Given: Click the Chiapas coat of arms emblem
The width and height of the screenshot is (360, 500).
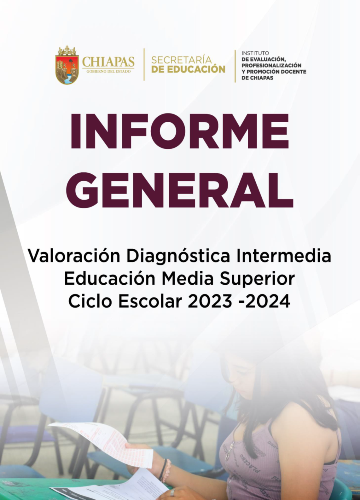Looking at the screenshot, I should pyautogui.click(x=67, y=65).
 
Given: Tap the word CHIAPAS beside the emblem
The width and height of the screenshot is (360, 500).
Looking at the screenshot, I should pyautogui.click(x=108, y=61).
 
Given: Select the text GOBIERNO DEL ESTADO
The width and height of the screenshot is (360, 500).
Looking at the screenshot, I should pyautogui.click(x=108, y=72).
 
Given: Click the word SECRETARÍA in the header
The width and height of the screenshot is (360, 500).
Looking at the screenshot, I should pyautogui.click(x=182, y=59).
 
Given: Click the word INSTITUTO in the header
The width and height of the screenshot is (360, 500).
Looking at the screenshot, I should pyautogui.click(x=255, y=53).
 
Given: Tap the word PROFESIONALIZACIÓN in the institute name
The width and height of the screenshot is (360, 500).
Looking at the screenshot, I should pyautogui.click(x=271, y=65).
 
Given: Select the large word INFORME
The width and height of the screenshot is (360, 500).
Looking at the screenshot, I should pyautogui.click(x=179, y=131).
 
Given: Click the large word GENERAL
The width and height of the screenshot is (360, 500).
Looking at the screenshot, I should pyautogui.click(x=180, y=190).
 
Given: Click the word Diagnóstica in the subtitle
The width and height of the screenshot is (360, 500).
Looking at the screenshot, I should pyautogui.click(x=178, y=255).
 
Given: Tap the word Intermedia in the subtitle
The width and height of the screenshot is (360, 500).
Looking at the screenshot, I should pyautogui.click(x=284, y=255).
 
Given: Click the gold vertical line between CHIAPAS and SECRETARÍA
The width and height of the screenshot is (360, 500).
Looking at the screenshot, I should pyautogui.click(x=144, y=64).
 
